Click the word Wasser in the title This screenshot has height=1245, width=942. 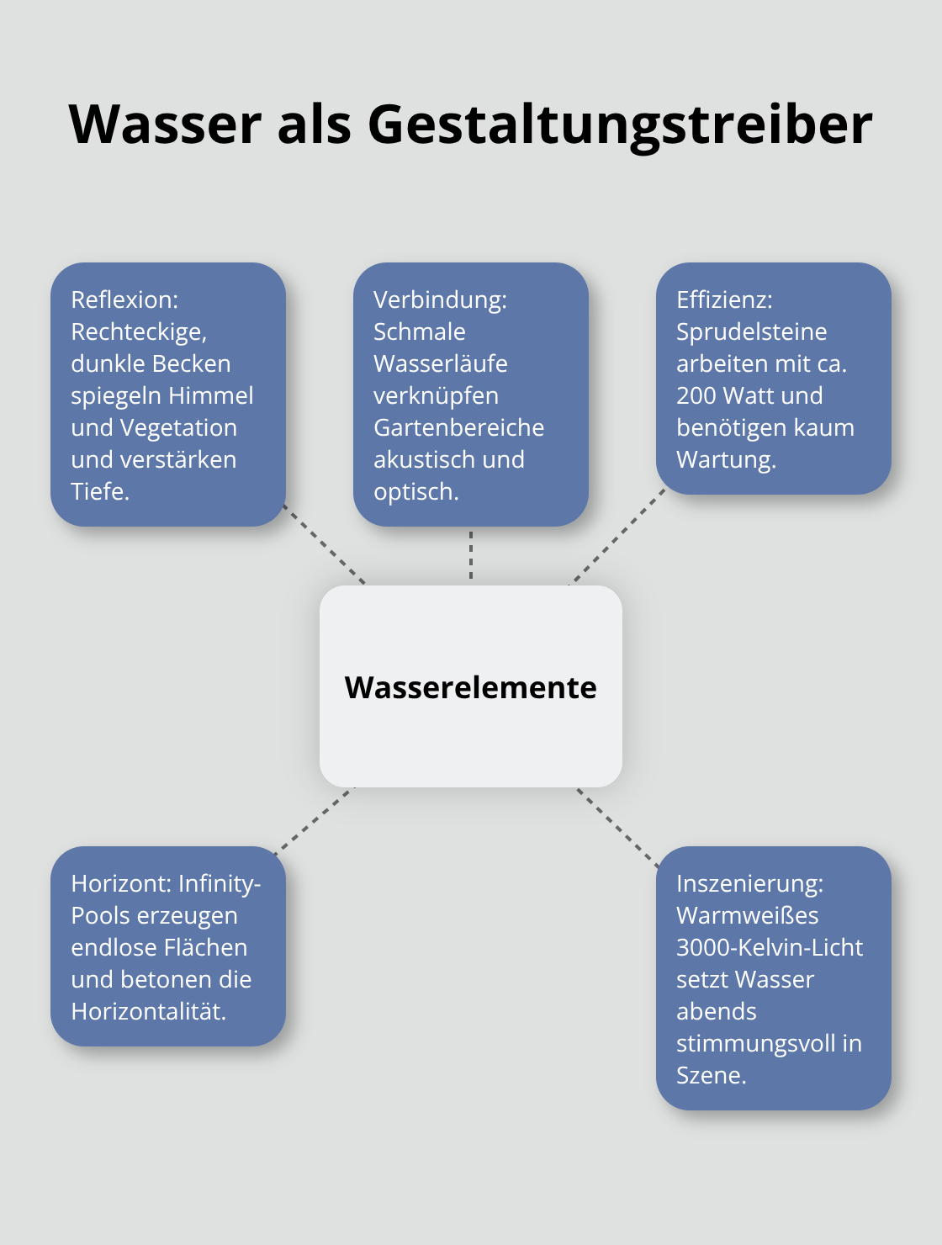(x=166, y=124)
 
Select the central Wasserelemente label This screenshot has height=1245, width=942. (x=470, y=687)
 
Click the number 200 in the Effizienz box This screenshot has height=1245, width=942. (x=696, y=395)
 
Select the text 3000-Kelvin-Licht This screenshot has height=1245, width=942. (x=769, y=947)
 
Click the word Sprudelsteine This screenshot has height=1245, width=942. (x=751, y=331)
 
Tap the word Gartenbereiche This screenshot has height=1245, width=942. (x=458, y=427)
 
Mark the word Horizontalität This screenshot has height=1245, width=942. (x=148, y=1011)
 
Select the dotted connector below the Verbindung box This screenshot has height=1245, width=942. (x=471, y=555)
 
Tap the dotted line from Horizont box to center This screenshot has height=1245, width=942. (x=314, y=820)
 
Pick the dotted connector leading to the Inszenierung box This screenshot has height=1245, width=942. (x=617, y=826)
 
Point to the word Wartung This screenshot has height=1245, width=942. (x=725, y=459)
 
